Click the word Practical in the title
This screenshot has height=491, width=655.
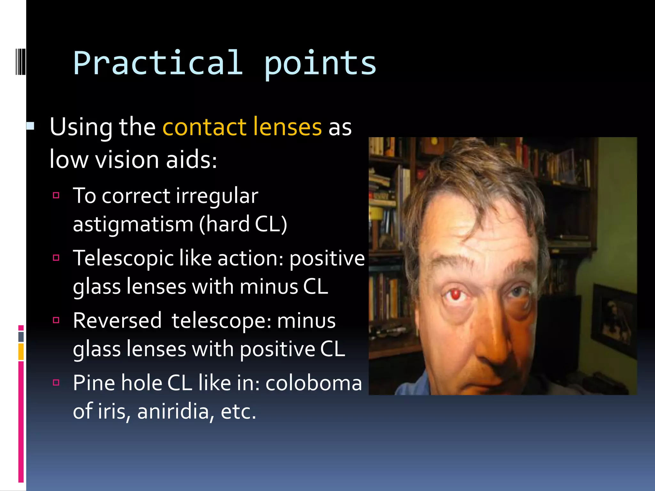(x=158, y=63)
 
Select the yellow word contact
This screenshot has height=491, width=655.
(x=204, y=127)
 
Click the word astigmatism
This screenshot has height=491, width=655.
(x=133, y=224)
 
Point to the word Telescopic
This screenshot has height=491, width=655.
(x=123, y=258)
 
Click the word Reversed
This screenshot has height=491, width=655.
(x=117, y=321)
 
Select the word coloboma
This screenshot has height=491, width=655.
(x=314, y=383)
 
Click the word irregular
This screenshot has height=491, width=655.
(x=217, y=196)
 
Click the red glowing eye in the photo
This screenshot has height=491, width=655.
(x=455, y=294)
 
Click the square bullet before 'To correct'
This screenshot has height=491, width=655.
(x=56, y=195)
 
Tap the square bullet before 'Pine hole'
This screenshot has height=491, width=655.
(x=56, y=382)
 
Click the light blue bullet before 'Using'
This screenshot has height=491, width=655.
(x=31, y=126)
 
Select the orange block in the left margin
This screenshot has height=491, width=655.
(x=21, y=352)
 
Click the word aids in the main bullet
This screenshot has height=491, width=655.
(x=191, y=160)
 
